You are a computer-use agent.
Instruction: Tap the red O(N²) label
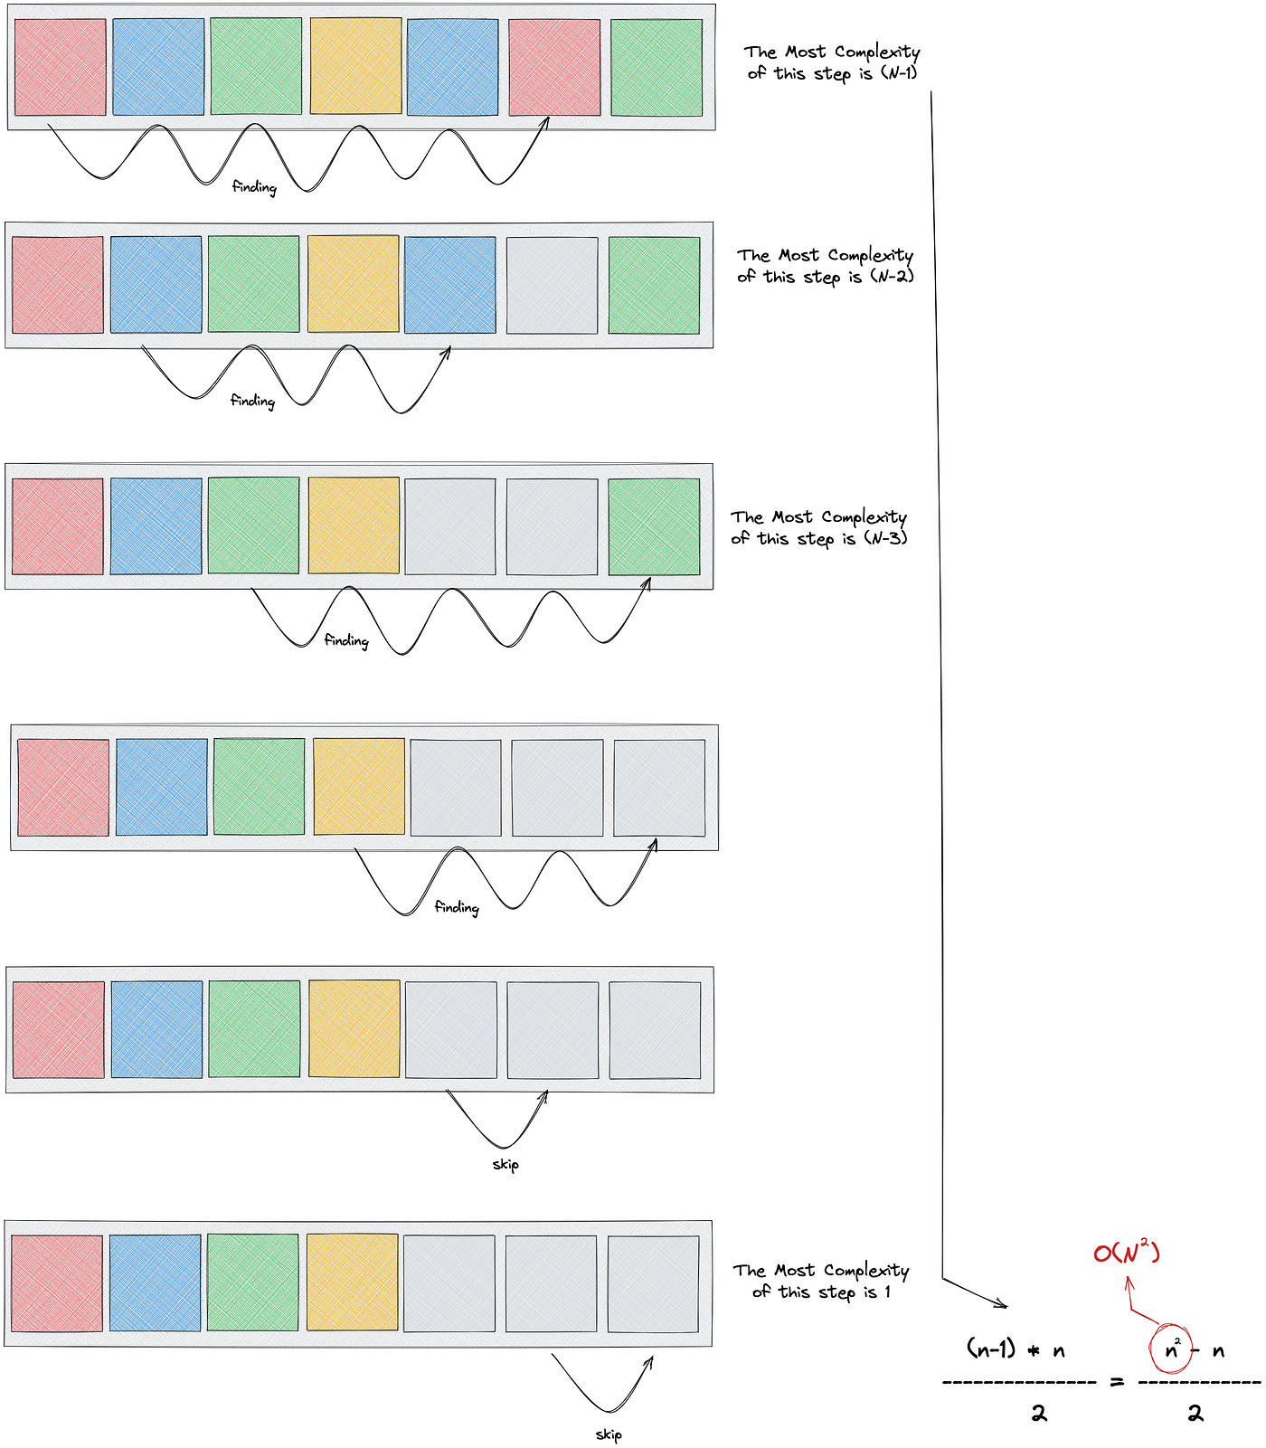click(x=1126, y=1253)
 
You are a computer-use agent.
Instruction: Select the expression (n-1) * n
click(x=1016, y=1350)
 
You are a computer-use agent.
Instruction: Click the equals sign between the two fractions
click(x=1117, y=1382)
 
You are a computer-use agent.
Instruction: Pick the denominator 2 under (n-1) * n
click(x=1039, y=1414)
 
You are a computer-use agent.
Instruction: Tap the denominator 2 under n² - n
click(x=1195, y=1414)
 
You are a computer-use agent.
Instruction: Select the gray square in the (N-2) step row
click(x=552, y=285)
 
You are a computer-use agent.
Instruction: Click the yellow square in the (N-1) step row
click(x=355, y=67)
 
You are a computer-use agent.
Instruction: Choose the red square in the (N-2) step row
click(x=58, y=285)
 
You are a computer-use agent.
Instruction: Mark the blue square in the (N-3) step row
click(x=156, y=526)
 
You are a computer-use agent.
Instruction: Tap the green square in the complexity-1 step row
click(x=252, y=1282)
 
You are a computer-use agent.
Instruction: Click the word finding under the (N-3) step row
click(x=346, y=641)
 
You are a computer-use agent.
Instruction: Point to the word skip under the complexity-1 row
click(x=609, y=1434)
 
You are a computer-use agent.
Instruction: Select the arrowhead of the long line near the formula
click(x=1002, y=1304)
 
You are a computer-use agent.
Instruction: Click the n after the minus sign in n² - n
click(x=1218, y=1352)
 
